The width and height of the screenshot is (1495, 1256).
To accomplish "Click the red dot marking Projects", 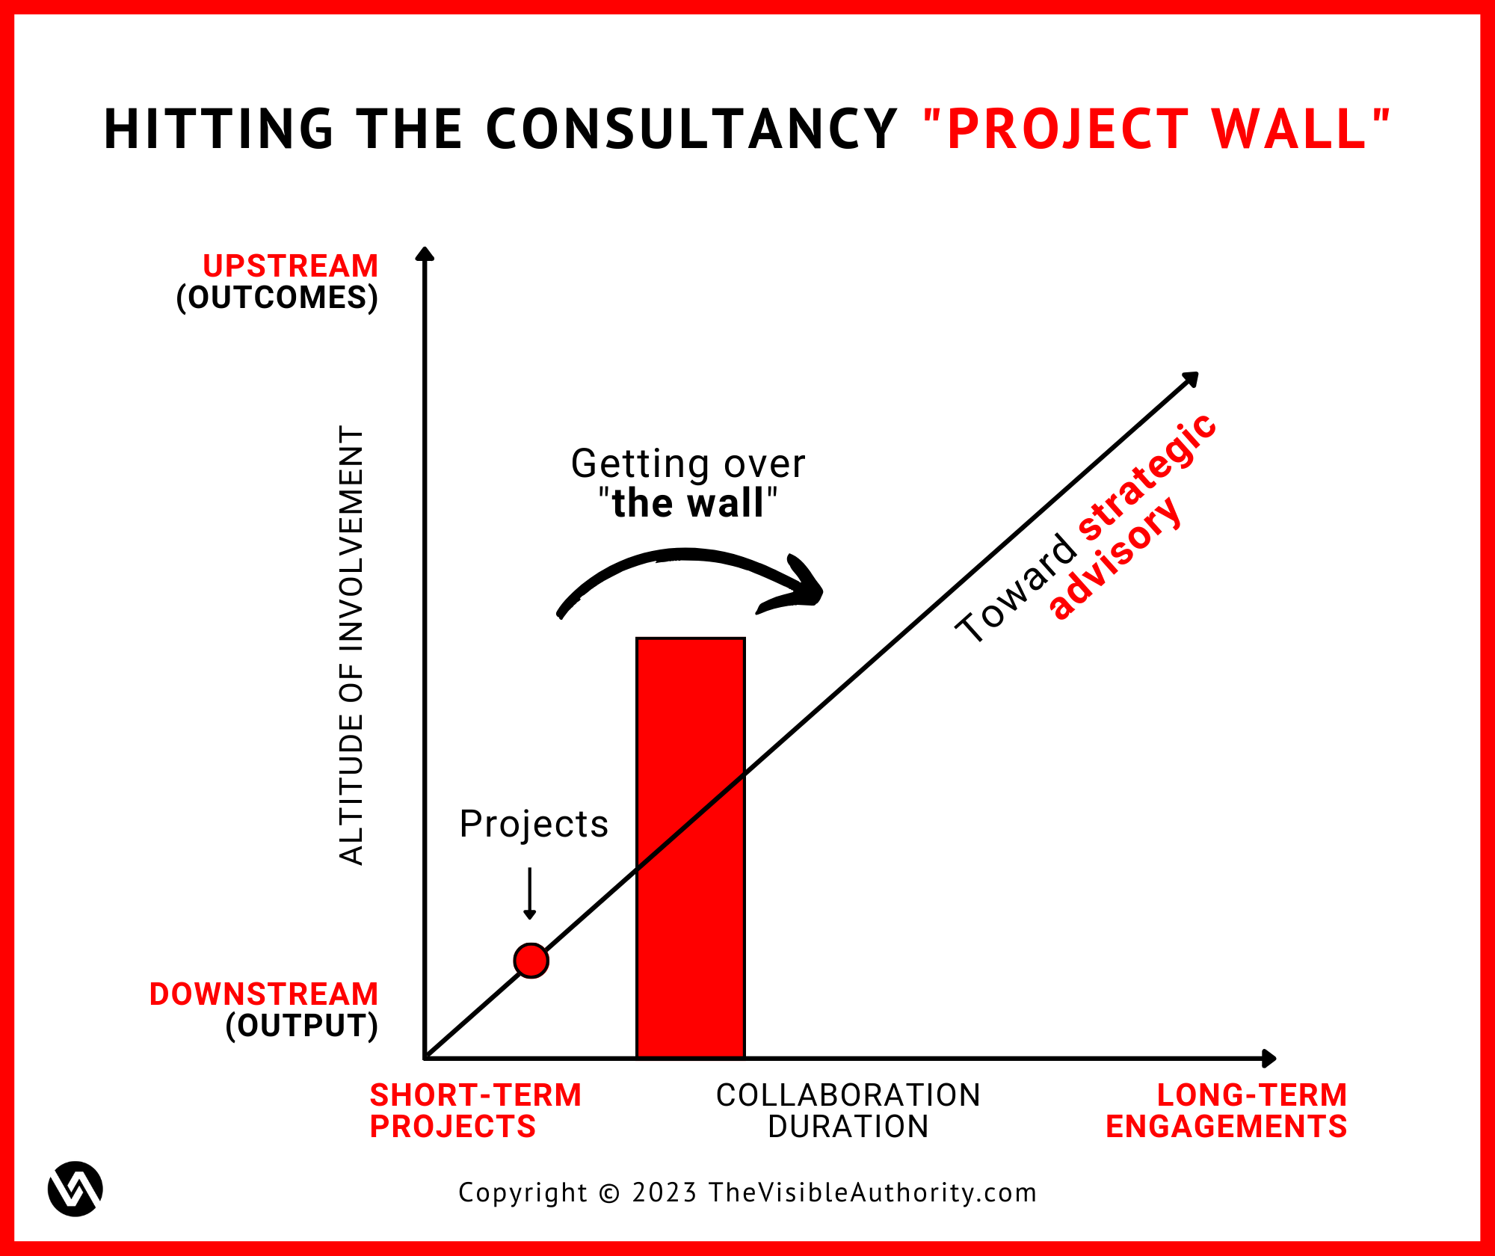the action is coord(531,961).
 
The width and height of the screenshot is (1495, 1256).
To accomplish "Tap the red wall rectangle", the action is coord(691,848).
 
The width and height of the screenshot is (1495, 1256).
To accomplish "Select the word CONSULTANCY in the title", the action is coord(691,129).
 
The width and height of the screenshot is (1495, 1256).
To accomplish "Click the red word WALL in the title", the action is coord(1289,129).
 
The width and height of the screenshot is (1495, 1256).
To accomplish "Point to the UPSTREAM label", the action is coord(291,266).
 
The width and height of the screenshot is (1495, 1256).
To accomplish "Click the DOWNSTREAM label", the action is coord(264,994).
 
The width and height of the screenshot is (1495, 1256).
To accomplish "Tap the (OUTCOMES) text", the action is coord(277,298).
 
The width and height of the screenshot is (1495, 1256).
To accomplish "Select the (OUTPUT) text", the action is coord(302,1026).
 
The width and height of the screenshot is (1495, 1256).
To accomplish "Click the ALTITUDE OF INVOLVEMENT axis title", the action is coord(351,646).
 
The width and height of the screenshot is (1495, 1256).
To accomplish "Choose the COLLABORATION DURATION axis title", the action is coord(848,1111).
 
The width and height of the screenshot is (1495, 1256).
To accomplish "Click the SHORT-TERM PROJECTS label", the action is coord(475,1111).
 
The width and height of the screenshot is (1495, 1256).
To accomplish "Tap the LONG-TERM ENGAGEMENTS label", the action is coord(1227,1111).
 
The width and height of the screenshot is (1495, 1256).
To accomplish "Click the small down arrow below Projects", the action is coord(530,893).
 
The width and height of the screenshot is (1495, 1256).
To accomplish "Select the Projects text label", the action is coord(534,825).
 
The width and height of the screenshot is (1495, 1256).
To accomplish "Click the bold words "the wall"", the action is coord(688,502).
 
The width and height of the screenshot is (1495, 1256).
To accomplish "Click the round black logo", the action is coord(75,1189).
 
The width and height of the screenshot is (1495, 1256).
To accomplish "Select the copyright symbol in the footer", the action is coord(610,1193).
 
